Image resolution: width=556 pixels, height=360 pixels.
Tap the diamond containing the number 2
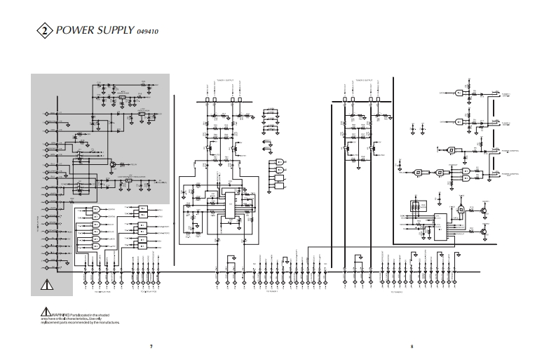click(x=44, y=31)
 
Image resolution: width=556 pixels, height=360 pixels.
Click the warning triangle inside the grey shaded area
click(x=48, y=284)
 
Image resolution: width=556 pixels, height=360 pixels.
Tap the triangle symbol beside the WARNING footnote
click(x=44, y=312)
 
